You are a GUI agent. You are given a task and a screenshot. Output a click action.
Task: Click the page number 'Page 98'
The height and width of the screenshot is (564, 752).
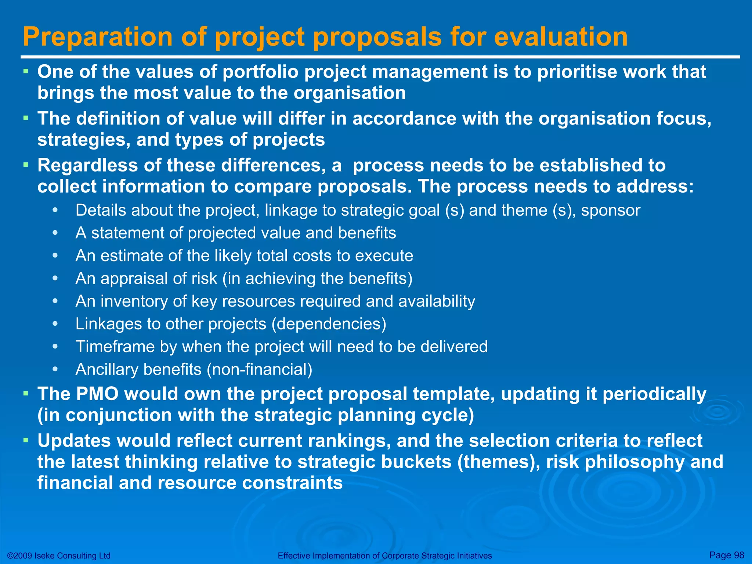[x=727, y=555]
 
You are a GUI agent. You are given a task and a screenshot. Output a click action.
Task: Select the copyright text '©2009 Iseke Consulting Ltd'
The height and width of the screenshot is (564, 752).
[x=59, y=556]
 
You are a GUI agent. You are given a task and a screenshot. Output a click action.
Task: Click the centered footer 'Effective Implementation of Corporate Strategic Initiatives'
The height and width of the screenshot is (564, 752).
[x=384, y=556]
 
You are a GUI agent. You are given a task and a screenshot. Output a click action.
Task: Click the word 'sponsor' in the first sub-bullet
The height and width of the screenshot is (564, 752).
[x=610, y=210]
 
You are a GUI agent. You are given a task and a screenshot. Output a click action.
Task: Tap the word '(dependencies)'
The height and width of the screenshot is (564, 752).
[x=329, y=324]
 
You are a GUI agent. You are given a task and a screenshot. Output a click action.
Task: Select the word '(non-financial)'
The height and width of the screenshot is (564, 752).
[x=259, y=369]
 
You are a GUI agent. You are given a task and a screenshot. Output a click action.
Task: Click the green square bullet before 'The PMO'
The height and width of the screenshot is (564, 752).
[x=25, y=394]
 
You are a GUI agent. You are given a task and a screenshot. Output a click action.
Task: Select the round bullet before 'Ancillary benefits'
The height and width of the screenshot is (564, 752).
[x=55, y=369]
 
